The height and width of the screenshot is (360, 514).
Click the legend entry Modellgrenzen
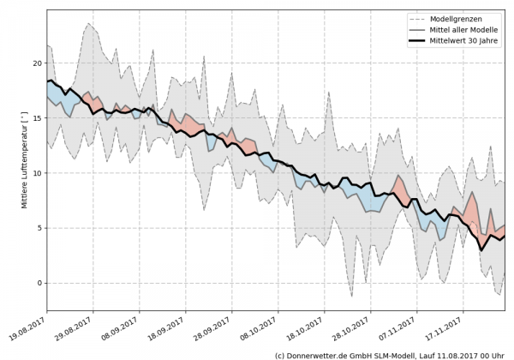tap(460, 17)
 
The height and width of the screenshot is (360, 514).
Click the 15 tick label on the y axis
tap(37, 118)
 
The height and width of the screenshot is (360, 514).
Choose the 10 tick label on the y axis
tap(37, 173)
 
